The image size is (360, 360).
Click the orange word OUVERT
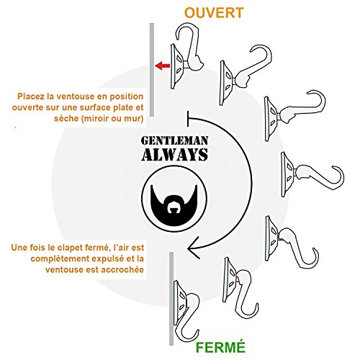214,13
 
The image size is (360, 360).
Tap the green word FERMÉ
220,347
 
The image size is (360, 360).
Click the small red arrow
163,66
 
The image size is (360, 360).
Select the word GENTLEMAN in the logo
174,141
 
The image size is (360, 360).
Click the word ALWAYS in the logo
174,155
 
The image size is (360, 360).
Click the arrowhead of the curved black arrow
194,248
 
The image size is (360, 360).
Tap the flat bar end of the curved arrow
188,119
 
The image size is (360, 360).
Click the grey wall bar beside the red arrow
152,70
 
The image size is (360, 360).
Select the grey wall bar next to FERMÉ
171,298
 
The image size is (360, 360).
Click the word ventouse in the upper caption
74,96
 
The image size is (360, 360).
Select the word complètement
60,258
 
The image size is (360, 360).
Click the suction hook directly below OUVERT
186,55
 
